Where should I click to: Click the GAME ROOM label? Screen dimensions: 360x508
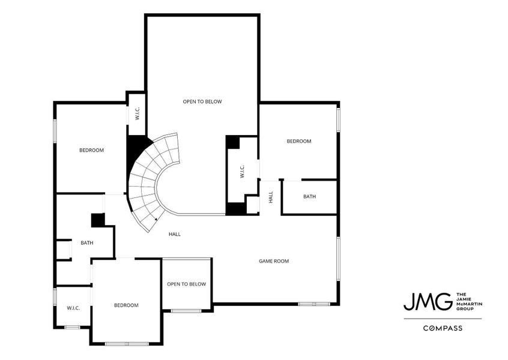pyautogui.click(x=274, y=261)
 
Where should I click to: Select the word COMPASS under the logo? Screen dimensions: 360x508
pyautogui.click(x=442, y=328)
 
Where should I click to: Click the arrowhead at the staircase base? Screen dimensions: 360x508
pyautogui.click(x=148, y=220)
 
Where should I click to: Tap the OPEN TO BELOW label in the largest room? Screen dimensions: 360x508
pyautogui.click(x=202, y=101)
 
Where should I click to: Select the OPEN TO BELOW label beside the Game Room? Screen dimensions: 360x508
pyautogui.click(x=186, y=284)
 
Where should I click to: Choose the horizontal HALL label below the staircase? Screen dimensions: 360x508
pyautogui.click(x=174, y=234)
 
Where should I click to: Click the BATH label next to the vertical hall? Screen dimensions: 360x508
pyautogui.click(x=309, y=196)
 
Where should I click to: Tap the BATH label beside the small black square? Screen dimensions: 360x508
pyautogui.click(x=87, y=243)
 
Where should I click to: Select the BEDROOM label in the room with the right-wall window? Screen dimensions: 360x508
pyautogui.click(x=298, y=141)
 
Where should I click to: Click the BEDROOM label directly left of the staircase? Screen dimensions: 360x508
pyautogui.click(x=91, y=150)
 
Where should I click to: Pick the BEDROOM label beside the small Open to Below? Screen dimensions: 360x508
pyautogui.click(x=126, y=305)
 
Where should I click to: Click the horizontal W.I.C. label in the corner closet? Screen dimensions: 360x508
pyautogui.click(x=73, y=308)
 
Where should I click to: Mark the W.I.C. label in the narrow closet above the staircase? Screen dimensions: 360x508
pyautogui.click(x=137, y=113)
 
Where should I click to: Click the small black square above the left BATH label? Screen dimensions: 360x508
pyautogui.click(x=98, y=220)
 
